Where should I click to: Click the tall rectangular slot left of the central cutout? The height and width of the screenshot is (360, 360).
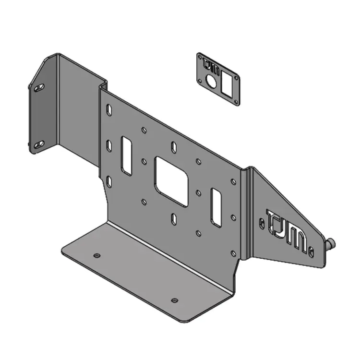click(x=127, y=156)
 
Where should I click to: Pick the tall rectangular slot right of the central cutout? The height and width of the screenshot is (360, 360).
click(x=216, y=207)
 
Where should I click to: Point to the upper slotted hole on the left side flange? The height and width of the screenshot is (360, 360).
click(x=39, y=87)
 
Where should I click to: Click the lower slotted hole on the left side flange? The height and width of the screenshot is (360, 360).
click(x=38, y=144)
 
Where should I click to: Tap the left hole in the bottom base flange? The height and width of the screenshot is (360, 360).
click(x=97, y=255)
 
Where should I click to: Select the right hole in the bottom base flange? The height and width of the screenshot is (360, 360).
click(x=174, y=300)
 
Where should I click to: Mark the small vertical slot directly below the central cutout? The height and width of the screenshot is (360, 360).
click(x=174, y=219)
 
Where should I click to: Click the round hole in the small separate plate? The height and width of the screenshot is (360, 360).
click(x=211, y=80)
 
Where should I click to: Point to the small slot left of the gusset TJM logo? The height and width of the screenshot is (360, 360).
click(x=262, y=223)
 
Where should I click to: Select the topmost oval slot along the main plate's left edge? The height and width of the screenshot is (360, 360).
click(x=109, y=110)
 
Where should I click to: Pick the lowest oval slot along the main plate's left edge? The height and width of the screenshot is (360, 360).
click(x=109, y=181)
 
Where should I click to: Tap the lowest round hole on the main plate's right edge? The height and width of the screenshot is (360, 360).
click(x=233, y=253)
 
